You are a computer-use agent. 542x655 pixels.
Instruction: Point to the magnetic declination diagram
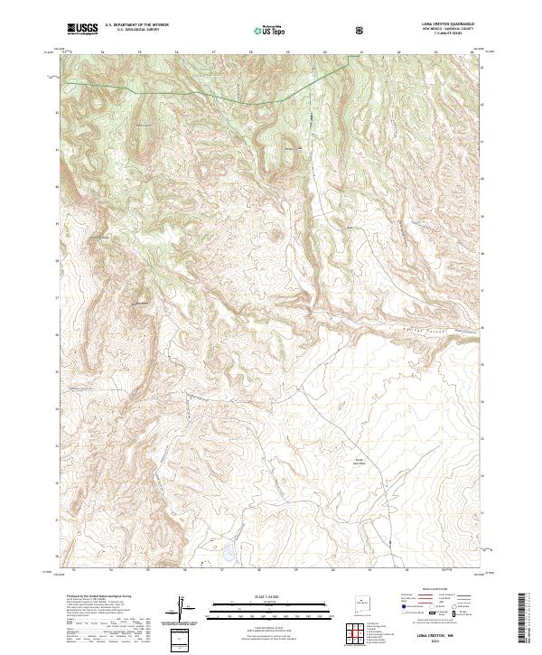coord(185,609)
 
